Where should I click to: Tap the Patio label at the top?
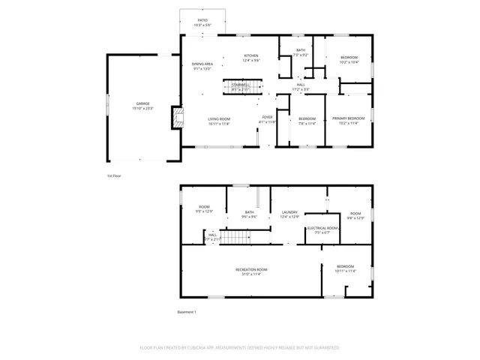click(x=202, y=22)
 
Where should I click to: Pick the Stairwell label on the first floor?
click(x=241, y=86)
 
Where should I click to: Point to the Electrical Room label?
click(x=322, y=229)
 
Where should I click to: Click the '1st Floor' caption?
click(x=114, y=175)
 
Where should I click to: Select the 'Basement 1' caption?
click(x=186, y=312)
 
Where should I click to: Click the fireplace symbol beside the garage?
click(x=177, y=117)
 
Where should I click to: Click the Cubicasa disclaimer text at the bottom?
click(x=240, y=348)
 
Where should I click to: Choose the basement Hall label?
click(x=212, y=236)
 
